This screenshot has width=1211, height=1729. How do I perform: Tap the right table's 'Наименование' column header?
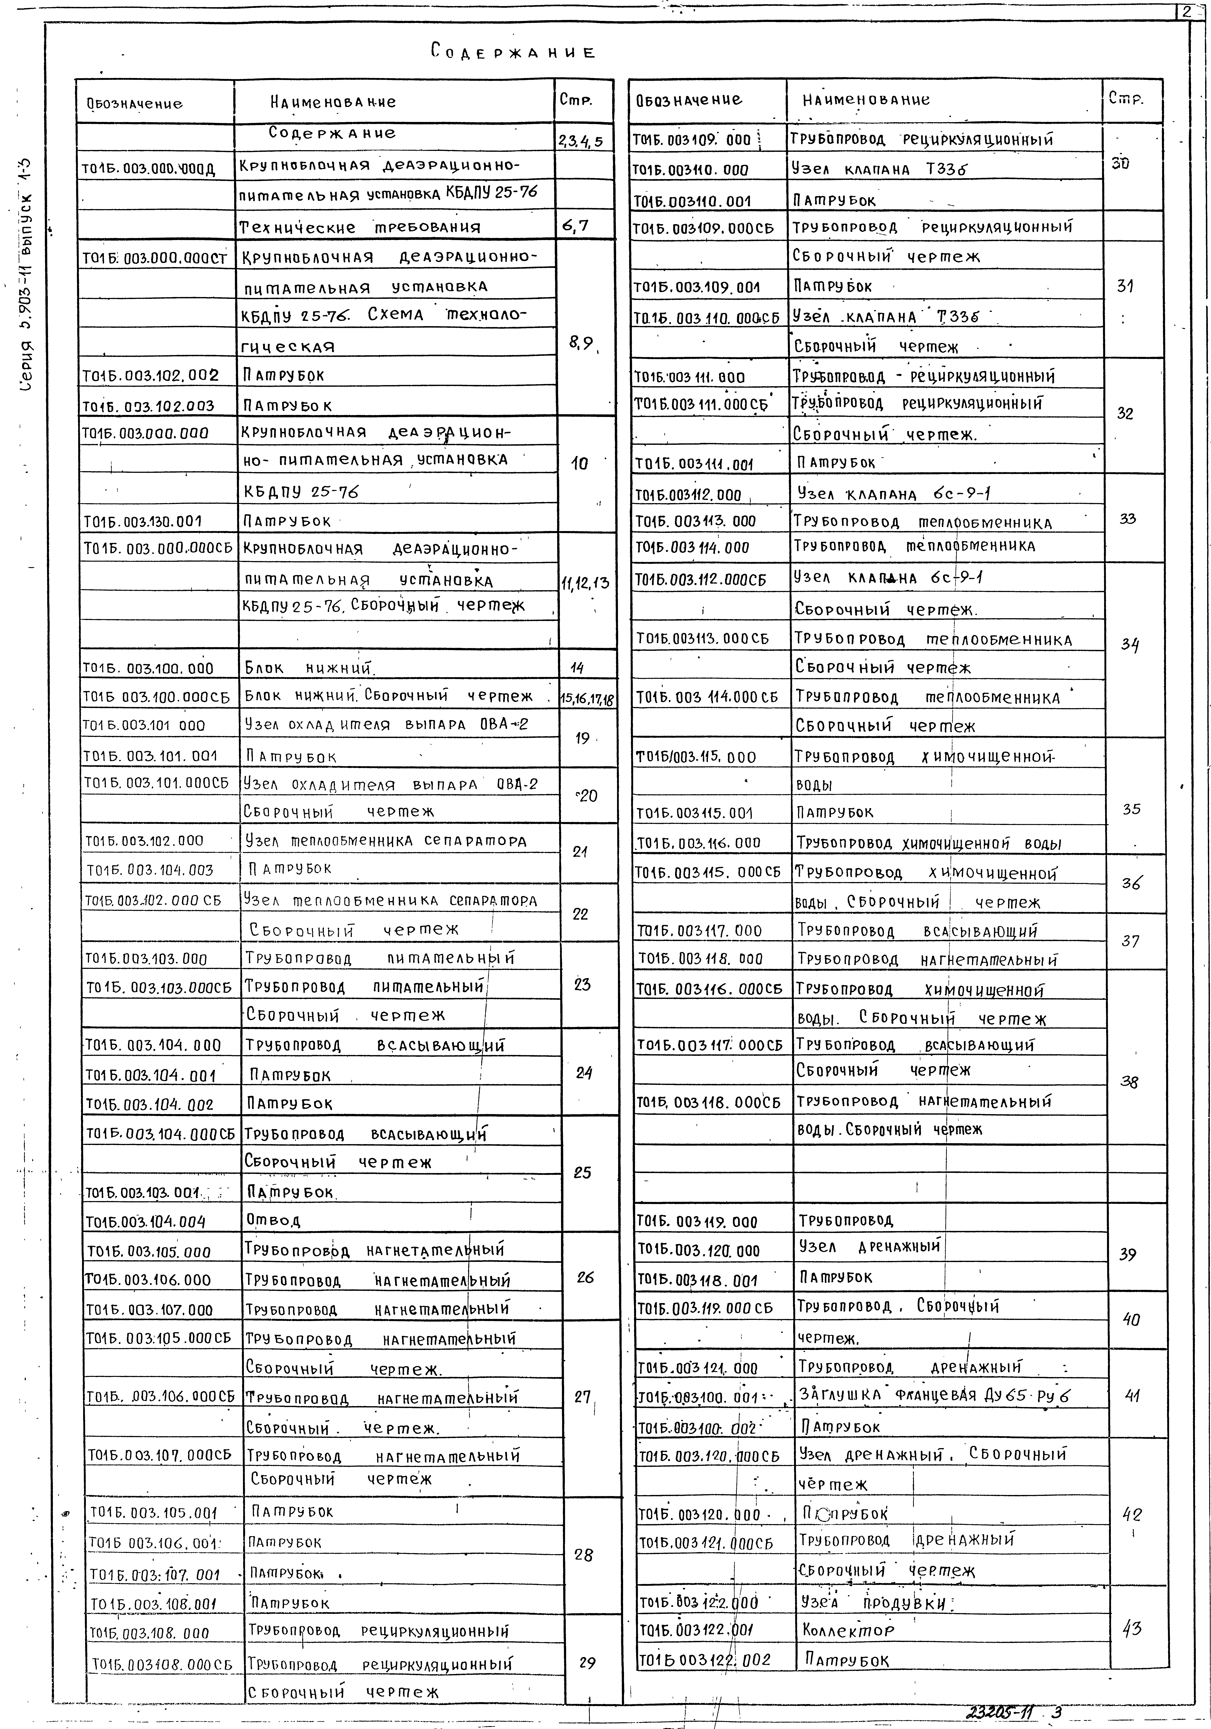click(x=865, y=99)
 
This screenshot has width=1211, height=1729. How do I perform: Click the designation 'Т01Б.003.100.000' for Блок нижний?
click(x=148, y=668)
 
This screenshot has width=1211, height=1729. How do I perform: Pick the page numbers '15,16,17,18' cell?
click(x=587, y=698)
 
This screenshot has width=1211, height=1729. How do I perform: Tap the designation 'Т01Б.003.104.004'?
click(x=145, y=1221)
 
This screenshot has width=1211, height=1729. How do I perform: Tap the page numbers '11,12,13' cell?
click(x=585, y=582)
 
